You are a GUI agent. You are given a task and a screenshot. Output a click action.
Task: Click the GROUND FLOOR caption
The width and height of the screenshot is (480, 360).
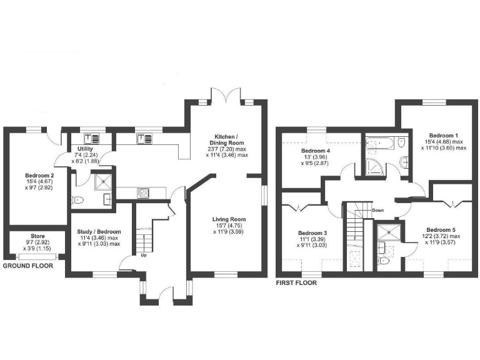coord(27,266)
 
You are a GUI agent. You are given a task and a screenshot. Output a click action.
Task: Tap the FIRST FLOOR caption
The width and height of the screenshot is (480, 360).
coord(296,282)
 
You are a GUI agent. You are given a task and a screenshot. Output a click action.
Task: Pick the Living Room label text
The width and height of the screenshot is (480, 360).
coord(229,219)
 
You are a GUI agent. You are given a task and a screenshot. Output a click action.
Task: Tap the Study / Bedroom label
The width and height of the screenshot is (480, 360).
coord(99,232)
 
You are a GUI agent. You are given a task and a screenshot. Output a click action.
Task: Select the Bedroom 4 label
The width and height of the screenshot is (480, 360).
coord(316,151)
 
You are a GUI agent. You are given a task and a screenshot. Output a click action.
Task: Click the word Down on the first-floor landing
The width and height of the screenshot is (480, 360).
coord(377,210)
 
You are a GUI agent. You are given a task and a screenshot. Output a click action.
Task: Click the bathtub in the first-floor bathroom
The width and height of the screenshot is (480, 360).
coord(381,143)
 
